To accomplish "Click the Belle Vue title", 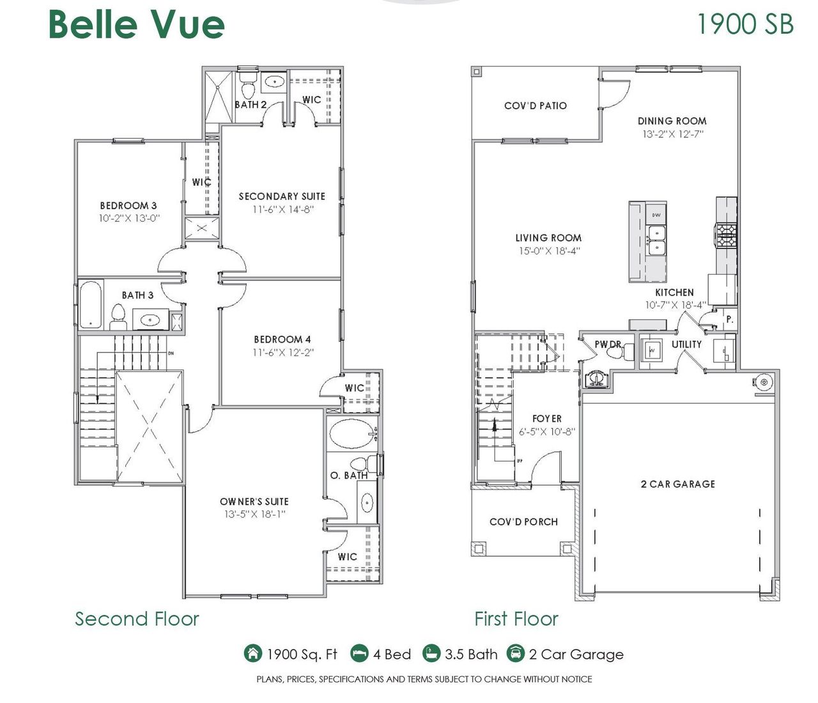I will click(x=136, y=25).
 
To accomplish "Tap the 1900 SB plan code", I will click(x=745, y=25).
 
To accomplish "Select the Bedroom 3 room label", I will click(x=128, y=206).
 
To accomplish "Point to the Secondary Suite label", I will click(x=282, y=196).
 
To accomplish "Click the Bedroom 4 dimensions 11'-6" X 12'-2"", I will click(x=282, y=352).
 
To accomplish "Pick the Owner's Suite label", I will click(x=254, y=502).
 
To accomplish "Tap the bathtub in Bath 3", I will click(x=90, y=305).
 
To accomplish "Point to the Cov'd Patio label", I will click(x=536, y=105).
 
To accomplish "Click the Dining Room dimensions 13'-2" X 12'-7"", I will click(x=672, y=134).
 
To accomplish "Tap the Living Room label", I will click(x=548, y=238).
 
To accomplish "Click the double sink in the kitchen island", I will click(x=656, y=240).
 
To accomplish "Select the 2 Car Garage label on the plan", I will click(x=677, y=484).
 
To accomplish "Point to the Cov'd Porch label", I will click(x=523, y=522).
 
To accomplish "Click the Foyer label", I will click(x=547, y=419).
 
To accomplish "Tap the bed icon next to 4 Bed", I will click(x=360, y=654).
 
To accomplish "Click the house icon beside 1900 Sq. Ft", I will click(x=253, y=654).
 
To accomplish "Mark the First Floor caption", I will click(x=516, y=619).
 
